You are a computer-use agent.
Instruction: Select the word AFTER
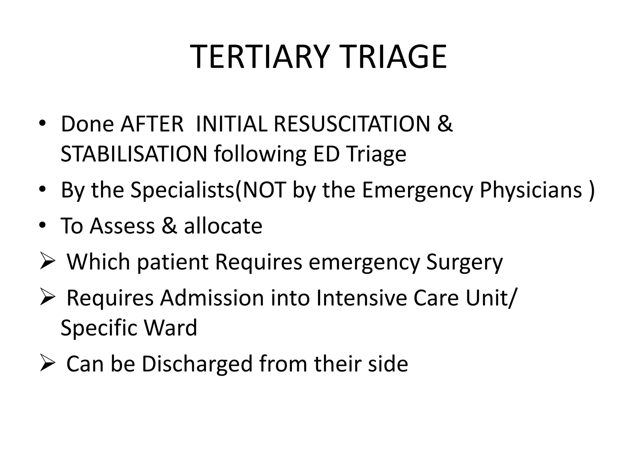pos(152,124)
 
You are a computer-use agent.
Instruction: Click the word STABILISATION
pos(134,154)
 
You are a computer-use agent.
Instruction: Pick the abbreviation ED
pos(326,154)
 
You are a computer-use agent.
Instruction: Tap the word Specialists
pos(182,190)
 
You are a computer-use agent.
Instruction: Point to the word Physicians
pos(531,190)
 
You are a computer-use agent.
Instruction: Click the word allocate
pos(223,226)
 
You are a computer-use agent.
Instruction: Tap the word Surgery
pos(464,262)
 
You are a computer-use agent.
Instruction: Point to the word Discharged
pos(197,364)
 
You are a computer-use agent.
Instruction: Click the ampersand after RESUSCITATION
pos(445,124)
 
